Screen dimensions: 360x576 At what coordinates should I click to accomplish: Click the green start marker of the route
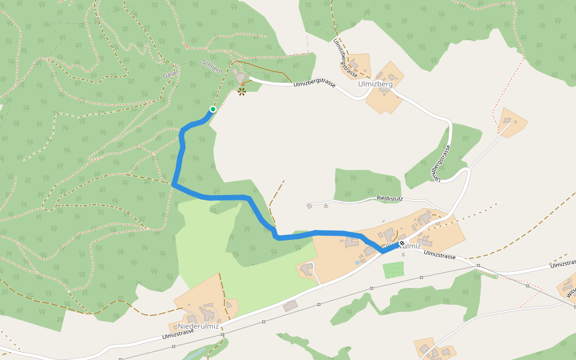212,109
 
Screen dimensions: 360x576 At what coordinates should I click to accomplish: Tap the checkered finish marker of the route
401,244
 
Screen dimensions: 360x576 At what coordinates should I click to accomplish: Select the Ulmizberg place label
375,84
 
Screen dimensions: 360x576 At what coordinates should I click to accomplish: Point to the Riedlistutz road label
389,197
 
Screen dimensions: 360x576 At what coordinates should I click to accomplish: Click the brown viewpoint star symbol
242,91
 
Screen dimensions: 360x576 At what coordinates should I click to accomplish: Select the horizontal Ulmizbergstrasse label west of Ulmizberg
314,83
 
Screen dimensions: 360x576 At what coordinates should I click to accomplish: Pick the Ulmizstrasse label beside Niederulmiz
178,334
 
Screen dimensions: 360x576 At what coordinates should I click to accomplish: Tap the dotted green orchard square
394,269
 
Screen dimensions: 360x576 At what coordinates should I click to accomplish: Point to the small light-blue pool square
358,262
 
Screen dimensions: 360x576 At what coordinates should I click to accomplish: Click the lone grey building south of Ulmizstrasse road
290,306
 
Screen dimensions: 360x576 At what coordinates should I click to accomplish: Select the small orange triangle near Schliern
242,83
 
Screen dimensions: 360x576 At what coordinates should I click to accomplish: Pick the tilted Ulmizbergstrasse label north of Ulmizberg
346,59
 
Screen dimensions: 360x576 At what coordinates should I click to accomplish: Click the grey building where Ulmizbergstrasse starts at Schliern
240,76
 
